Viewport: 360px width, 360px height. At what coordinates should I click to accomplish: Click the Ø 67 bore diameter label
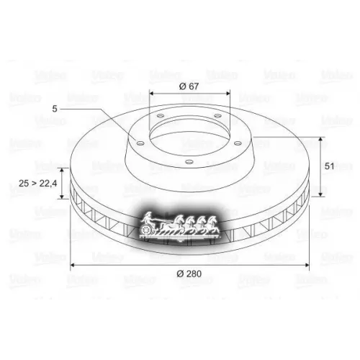pos(189,87)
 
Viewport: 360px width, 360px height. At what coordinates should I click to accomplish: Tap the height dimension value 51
pos(330,166)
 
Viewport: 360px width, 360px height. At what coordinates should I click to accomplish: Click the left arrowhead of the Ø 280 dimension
pos(72,267)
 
